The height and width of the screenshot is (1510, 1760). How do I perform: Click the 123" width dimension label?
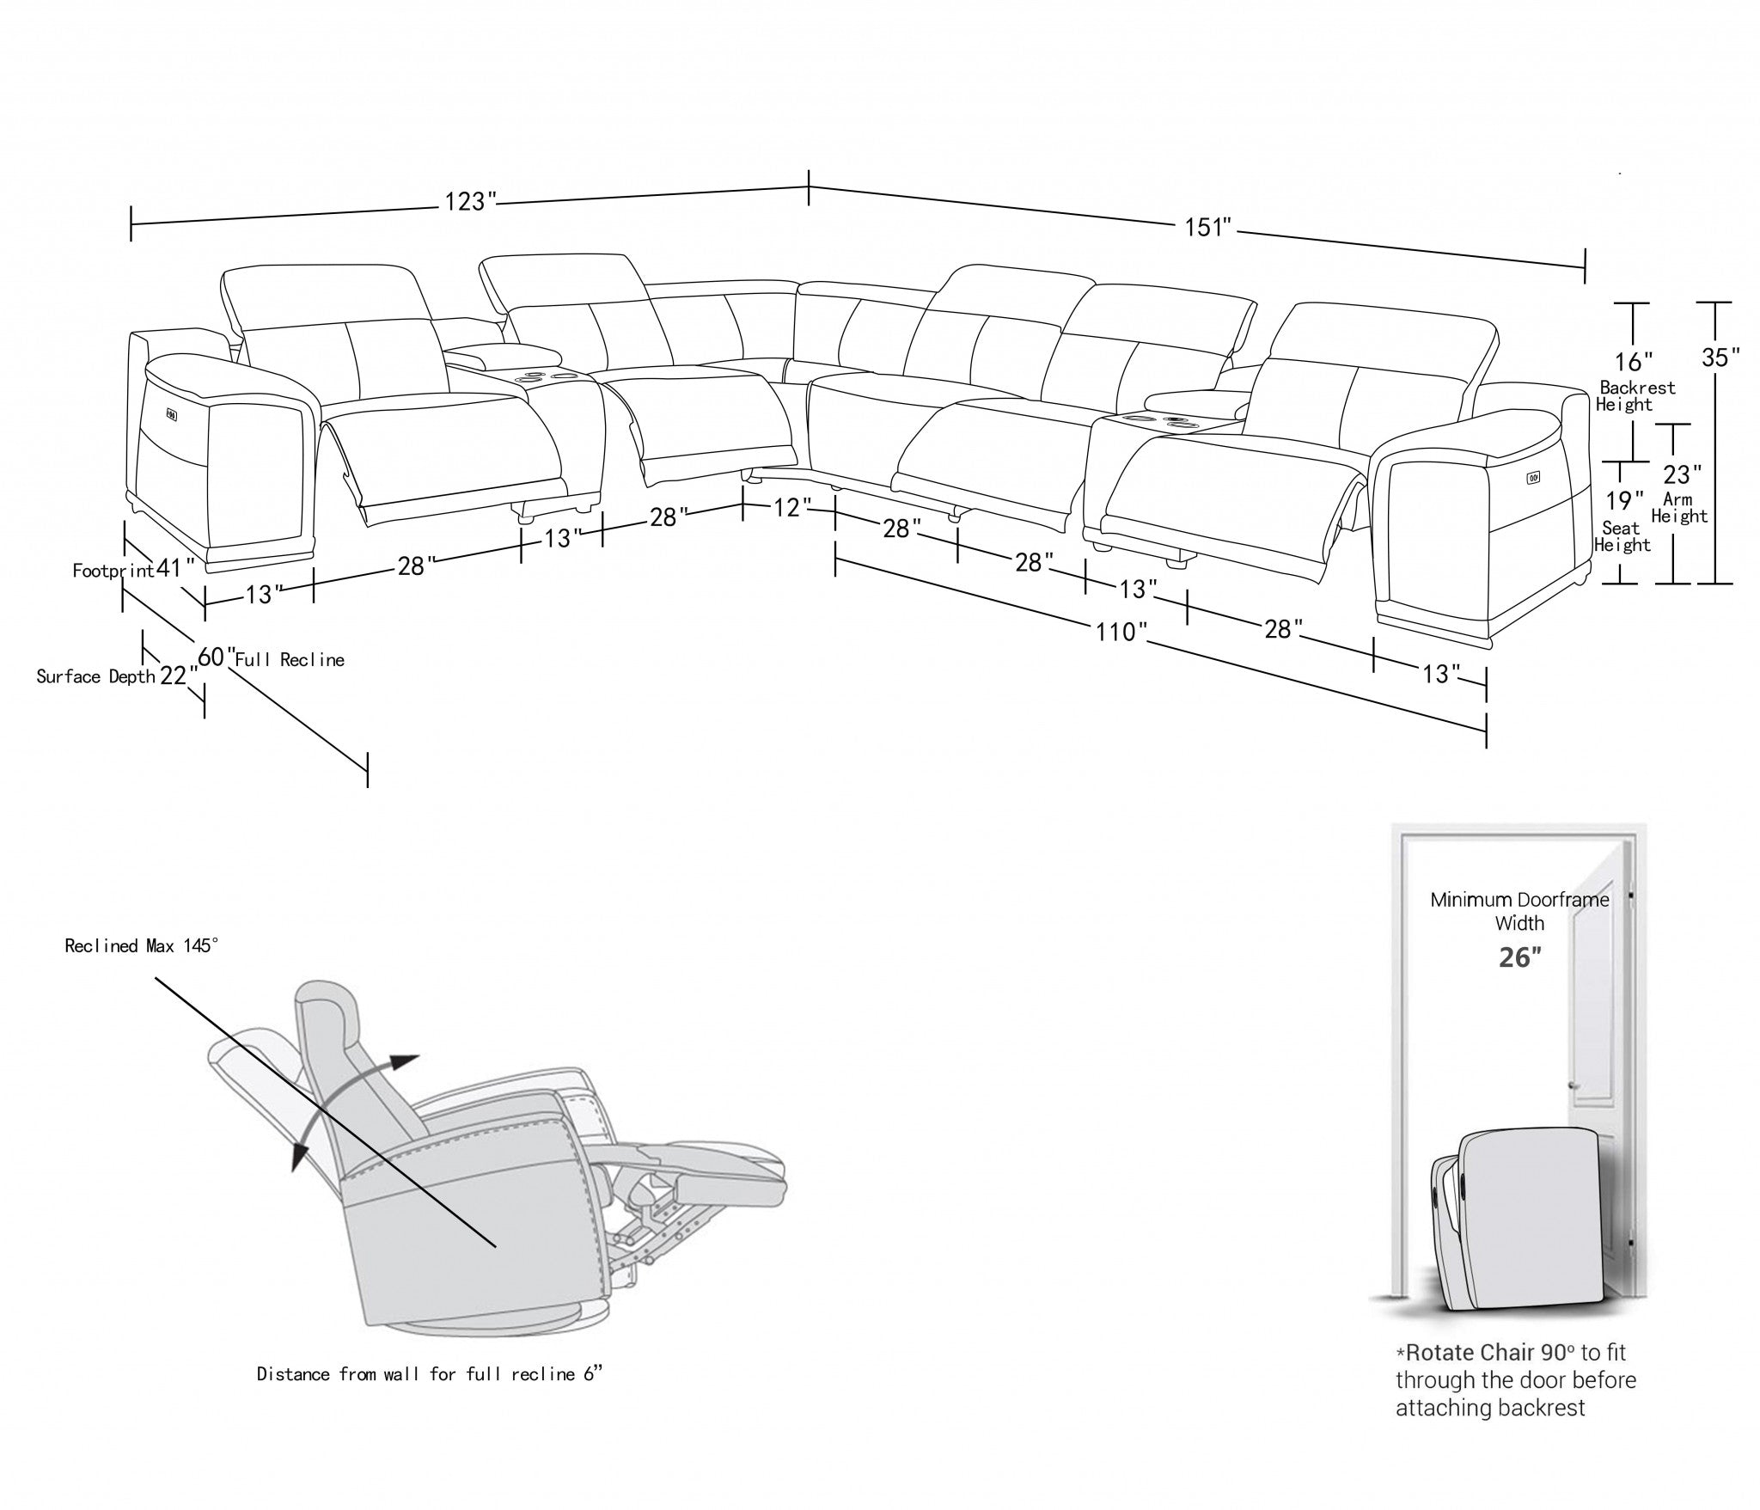(470, 201)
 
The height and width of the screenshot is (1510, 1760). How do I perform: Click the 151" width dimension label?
(1208, 227)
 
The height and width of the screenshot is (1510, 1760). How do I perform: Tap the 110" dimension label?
(1121, 632)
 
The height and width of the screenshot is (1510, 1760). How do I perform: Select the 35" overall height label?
(1720, 358)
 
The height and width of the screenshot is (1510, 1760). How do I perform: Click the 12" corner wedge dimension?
(786, 508)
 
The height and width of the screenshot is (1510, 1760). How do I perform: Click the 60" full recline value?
(217, 657)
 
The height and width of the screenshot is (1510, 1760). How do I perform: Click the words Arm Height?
(1678, 507)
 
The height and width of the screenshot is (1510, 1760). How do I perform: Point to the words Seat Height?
(1622, 536)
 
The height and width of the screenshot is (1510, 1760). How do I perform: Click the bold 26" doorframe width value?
(1519, 957)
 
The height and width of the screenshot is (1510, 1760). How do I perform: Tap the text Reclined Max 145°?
(142, 946)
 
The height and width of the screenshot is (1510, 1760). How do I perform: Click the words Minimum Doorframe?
(1519, 900)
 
